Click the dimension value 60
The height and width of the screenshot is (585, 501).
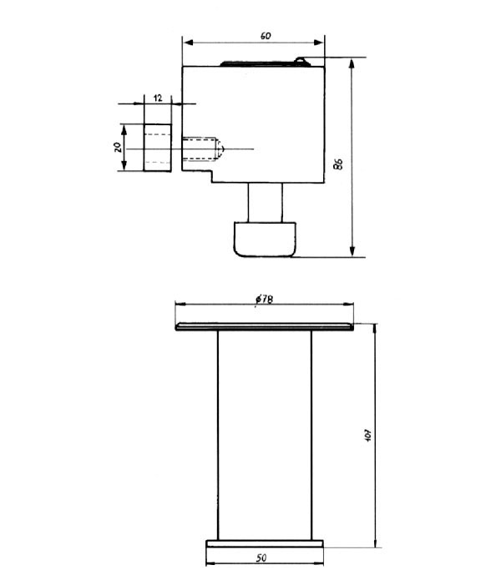(265, 36)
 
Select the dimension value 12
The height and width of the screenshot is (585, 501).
(157, 98)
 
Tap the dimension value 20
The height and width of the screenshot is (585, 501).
(119, 147)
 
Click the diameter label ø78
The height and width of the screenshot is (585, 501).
(263, 300)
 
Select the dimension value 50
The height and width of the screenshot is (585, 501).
(263, 556)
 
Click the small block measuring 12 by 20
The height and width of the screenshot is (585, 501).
(157, 148)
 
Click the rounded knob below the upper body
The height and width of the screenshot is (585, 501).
(264, 239)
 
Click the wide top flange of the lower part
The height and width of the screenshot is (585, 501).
(264, 327)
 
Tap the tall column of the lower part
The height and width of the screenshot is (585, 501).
(264, 434)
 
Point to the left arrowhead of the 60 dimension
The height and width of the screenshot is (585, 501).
(188, 42)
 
